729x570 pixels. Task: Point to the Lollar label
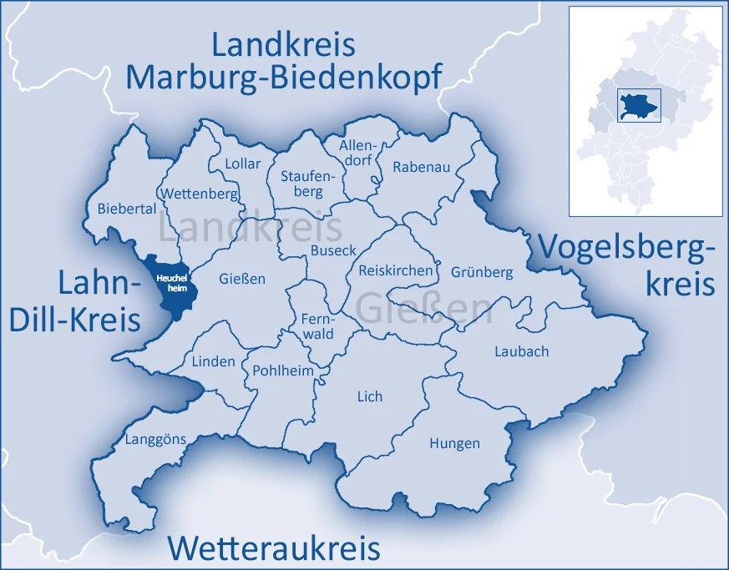click(242, 164)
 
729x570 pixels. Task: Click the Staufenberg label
click(301, 184)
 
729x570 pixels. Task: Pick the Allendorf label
click(357, 154)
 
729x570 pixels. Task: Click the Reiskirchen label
click(396, 270)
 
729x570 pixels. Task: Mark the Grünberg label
click(482, 272)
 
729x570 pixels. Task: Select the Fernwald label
click(317, 326)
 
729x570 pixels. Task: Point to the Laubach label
click(521, 351)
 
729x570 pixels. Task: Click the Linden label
click(214, 362)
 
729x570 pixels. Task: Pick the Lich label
click(369, 396)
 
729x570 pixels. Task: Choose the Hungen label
click(454, 443)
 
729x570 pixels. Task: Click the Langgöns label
click(155, 440)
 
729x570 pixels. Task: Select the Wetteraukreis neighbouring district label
click(274, 548)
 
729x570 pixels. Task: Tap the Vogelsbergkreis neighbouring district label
click(626, 265)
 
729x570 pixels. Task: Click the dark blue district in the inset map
click(639, 107)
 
